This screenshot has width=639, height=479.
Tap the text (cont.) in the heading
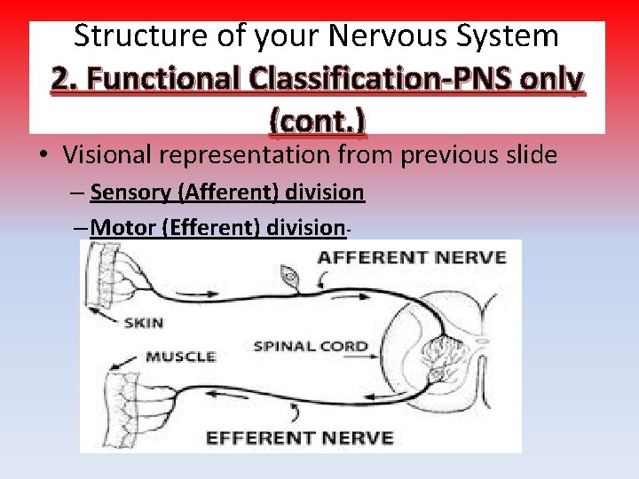(x=318, y=119)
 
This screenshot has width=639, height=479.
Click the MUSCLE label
(x=181, y=357)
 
